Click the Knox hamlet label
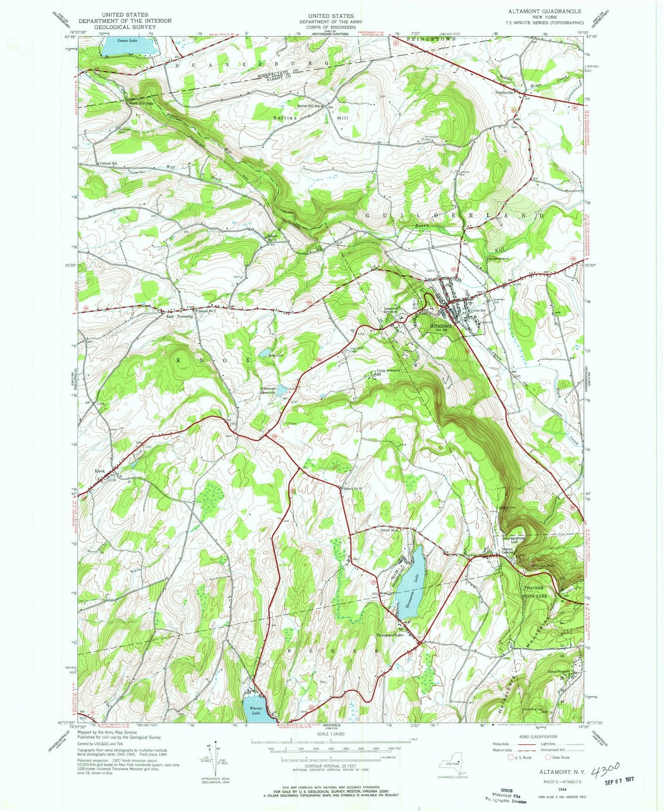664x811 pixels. [x=99, y=471]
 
